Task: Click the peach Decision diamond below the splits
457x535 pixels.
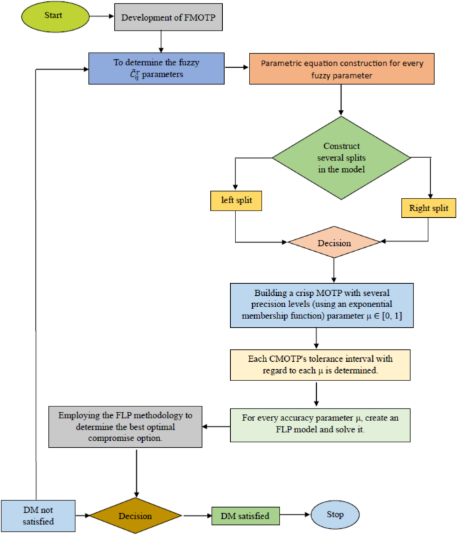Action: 334,243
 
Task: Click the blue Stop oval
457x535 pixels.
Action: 335,514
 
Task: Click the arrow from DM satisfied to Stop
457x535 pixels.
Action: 294,514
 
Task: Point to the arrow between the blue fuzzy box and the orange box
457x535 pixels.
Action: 238,67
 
